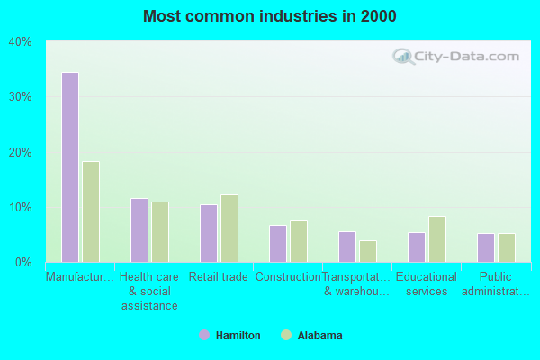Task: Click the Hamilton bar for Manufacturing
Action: point(69,167)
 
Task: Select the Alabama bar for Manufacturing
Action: point(91,211)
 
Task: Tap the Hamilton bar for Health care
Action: point(139,230)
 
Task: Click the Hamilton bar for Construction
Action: point(278,244)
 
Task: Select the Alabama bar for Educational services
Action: point(437,239)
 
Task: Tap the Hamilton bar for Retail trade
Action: point(209,233)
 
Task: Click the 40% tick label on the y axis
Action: point(21,41)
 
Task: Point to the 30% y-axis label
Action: point(21,97)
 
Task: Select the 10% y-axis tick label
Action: point(21,207)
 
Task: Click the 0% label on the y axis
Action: point(23,263)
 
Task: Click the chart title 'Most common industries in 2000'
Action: point(269,16)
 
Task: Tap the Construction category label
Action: point(288,277)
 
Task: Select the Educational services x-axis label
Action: point(427,283)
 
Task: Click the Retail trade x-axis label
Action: point(219,277)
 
